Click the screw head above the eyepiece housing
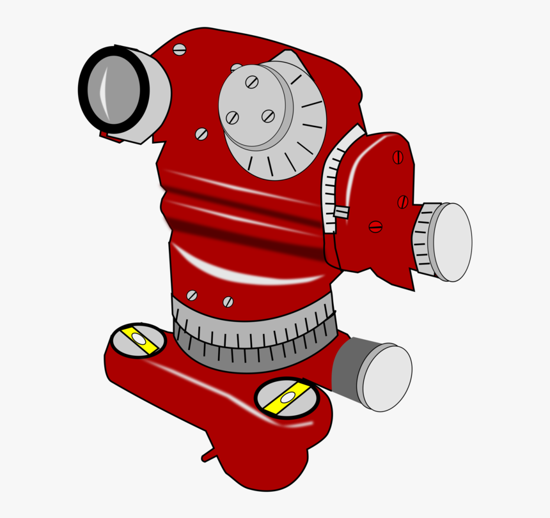click(x=179, y=49)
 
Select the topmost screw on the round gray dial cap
click(x=252, y=82)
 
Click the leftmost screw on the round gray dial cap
click(x=233, y=118)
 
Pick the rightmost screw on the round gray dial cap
click(x=268, y=116)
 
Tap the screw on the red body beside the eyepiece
click(x=201, y=133)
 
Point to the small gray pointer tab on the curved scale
click(x=341, y=212)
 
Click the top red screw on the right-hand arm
click(x=398, y=157)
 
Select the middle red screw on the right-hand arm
click(x=402, y=202)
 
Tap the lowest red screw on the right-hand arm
click(x=375, y=227)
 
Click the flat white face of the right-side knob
click(x=453, y=242)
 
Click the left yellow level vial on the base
click(x=138, y=340)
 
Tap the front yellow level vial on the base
click(x=287, y=398)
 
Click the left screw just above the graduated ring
click(x=191, y=295)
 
